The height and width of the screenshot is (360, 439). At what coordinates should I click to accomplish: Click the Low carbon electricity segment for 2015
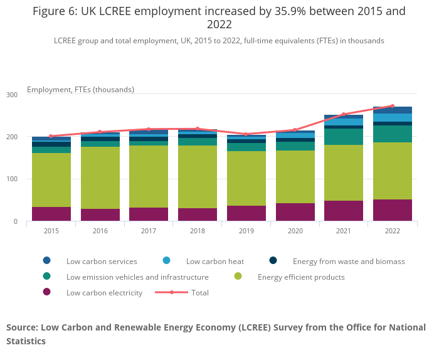point(51,214)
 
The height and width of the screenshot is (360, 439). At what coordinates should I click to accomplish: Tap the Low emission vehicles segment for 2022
point(393,134)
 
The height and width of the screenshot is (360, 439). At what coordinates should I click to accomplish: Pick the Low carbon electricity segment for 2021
point(344,211)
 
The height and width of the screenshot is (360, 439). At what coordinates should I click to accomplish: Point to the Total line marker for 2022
point(393,106)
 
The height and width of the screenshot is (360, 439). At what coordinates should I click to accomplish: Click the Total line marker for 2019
point(246,134)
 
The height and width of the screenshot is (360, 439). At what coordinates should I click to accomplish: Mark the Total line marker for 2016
point(100,132)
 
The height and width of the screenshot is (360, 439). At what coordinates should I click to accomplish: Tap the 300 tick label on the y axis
point(13,95)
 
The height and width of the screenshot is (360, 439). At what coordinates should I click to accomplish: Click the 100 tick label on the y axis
point(13,179)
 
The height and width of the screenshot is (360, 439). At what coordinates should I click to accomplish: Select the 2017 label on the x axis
point(149,231)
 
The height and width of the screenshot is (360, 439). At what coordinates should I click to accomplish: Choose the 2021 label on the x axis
point(344,231)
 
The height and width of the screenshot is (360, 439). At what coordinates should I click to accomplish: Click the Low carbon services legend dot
point(47,261)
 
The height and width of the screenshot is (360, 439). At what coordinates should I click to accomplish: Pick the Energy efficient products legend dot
point(238,277)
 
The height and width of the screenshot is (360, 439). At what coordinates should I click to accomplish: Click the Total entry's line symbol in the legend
point(172,292)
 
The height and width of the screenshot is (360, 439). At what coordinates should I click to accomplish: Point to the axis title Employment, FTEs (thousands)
point(80,89)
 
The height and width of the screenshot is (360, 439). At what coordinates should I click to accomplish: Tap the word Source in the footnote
point(21,327)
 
